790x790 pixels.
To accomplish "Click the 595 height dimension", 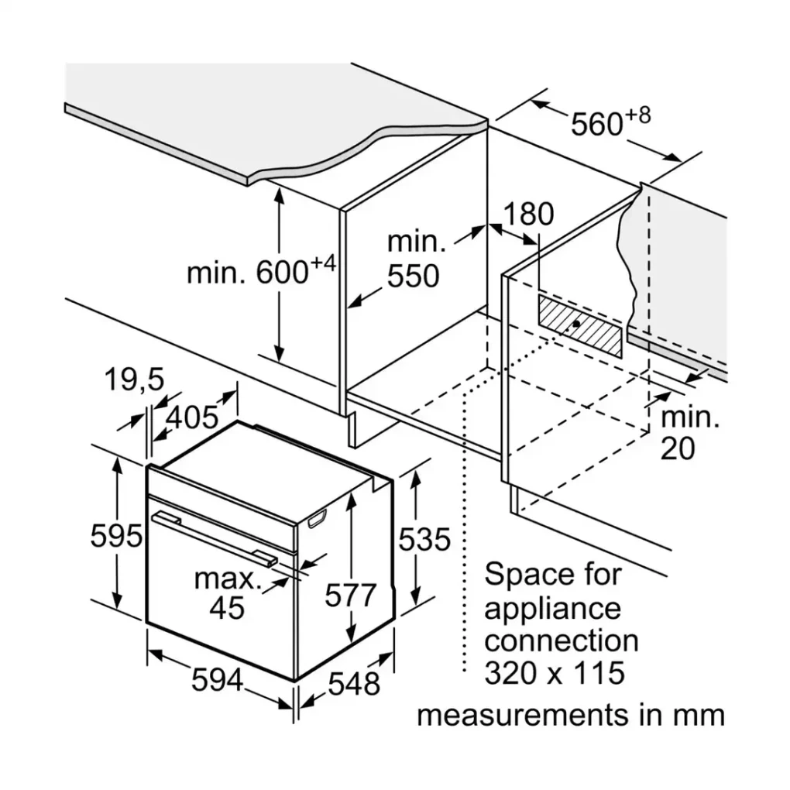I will (x=116, y=536).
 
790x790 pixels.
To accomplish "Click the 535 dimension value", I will (x=424, y=538).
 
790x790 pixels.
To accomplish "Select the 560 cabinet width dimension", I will (x=596, y=124).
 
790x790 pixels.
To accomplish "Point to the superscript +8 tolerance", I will (x=638, y=115).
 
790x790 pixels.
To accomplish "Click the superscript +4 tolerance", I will (x=323, y=264).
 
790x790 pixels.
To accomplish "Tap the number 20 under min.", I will (x=678, y=449).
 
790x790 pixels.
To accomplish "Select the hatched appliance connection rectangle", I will (x=580, y=325).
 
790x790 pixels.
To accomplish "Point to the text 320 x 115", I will (x=554, y=673).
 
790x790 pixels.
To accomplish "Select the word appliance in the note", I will (x=552, y=608).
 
